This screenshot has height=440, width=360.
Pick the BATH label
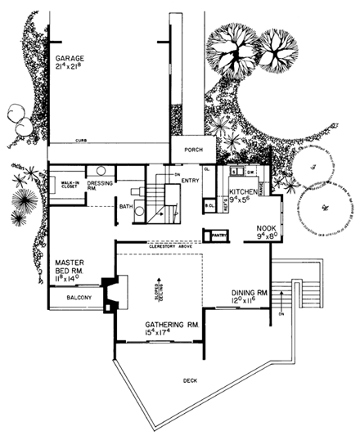coord(125,207)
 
